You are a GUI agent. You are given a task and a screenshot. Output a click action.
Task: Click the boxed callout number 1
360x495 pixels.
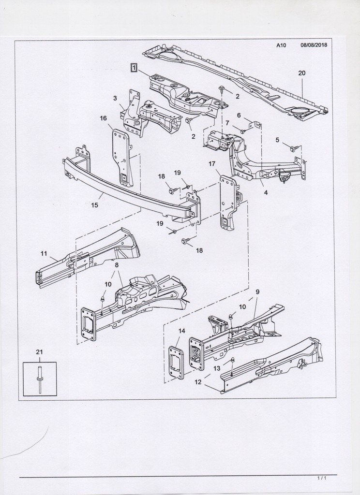pos(134,67)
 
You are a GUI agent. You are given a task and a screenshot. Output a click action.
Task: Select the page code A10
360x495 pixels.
pos(282,46)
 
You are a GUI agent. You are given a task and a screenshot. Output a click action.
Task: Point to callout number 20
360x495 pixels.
pos(301,73)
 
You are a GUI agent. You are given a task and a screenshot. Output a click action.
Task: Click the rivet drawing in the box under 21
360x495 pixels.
pos(39,379)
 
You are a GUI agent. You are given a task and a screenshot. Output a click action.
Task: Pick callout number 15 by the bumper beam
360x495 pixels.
pos(94,205)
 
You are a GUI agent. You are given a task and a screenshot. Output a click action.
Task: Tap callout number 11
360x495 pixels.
pos(44,253)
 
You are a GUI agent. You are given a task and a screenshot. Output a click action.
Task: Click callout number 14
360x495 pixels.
pos(182,331)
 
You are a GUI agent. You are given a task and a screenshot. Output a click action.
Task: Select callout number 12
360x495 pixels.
pos(197,382)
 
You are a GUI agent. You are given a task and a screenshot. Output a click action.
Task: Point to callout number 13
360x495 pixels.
pos(217,368)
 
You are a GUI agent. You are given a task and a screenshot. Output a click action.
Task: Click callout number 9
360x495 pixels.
pos(257,291)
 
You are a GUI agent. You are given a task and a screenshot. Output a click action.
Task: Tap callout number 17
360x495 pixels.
pos(212,164)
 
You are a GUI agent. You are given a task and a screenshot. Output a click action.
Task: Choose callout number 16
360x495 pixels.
pos(103,118)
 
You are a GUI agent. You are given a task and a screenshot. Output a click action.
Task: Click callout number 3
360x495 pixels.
pos(115,98)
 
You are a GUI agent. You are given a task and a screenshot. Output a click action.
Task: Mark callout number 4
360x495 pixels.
pos(266,192)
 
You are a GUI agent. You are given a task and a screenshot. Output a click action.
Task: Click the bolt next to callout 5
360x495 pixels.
pos(293,149)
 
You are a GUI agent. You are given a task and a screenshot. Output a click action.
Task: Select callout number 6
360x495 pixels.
pos(239,115)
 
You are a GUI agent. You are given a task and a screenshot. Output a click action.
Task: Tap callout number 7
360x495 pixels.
pos(227,123)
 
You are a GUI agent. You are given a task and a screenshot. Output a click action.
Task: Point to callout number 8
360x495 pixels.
pos(117,265)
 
